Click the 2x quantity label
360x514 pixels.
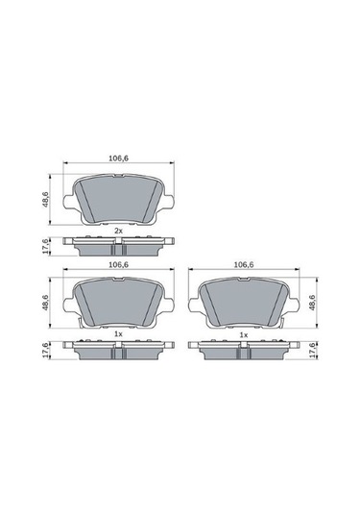point(118,232)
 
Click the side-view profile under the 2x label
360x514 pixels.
point(118,246)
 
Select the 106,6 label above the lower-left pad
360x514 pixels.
point(118,263)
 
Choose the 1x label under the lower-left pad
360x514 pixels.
point(118,334)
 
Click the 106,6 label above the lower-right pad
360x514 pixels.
point(243,263)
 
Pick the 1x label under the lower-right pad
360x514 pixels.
point(243,334)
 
